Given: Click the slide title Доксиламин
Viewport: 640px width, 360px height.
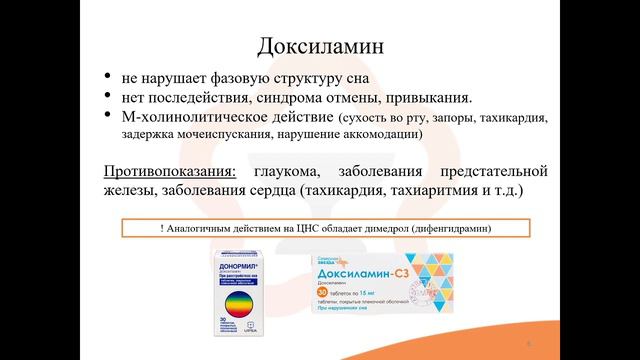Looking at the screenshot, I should click(319, 45).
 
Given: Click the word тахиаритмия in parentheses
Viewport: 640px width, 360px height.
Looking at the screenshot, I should click(436, 187).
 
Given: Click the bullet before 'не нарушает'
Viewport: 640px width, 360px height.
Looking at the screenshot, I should click(107, 77).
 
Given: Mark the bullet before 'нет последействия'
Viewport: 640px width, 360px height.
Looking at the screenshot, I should click(107, 97).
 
